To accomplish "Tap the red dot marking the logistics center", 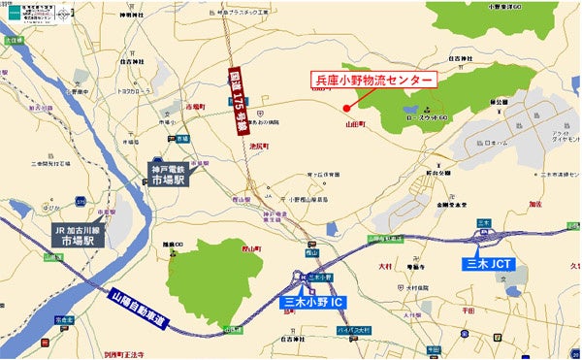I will click(x=347, y=108).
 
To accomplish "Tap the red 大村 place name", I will click(x=384, y=265).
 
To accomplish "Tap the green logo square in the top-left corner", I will click(x=15, y=13).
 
